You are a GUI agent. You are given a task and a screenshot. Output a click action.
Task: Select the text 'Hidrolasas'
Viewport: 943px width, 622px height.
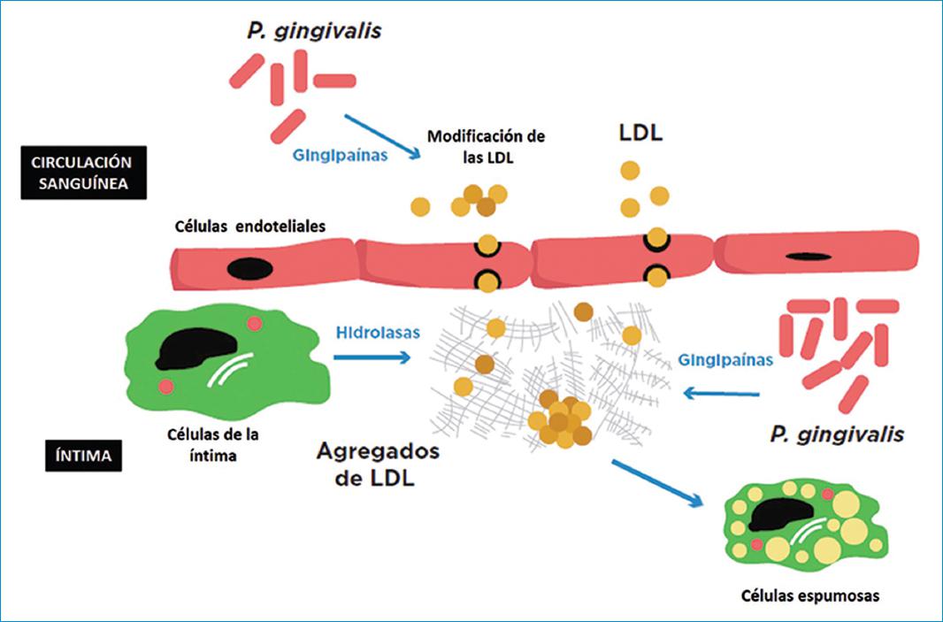[x=378, y=333]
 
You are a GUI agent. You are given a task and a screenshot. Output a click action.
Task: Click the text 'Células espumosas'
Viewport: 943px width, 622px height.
[x=811, y=595]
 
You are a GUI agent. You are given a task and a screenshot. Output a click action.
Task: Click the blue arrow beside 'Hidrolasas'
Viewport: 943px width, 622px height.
[x=372, y=358]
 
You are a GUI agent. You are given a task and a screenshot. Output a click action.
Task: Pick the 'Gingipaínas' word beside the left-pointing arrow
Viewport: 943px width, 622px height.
[x=724, y=360]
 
